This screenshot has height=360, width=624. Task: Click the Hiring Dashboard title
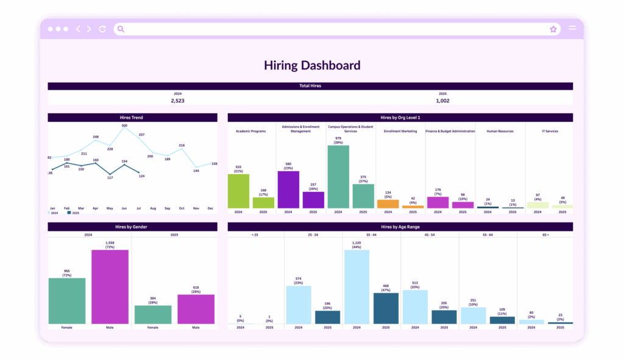[x=311, y=65]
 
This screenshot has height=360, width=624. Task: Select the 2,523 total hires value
[x=177, y=101]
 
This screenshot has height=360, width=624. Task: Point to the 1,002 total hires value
[x=442, y=101]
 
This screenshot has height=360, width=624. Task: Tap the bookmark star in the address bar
[x=553, y=29]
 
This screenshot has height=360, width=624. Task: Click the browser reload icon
[x=102, y=29]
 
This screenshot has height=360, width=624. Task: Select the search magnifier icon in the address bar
[x=121, y=29]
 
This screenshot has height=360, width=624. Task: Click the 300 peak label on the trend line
[x=124, y=125]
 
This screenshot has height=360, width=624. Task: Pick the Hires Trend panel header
[x=132, y=117]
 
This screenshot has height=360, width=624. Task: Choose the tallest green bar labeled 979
[x=338, y=177]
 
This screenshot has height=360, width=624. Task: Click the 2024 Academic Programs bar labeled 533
[x=238, y=191]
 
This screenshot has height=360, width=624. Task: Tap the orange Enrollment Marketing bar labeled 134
[x=388, y=204]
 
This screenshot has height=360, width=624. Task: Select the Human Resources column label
[x=499, y=131]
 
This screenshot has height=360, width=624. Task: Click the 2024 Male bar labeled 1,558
[x=110, y=286]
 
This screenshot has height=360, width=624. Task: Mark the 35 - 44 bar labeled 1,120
[x=356, y=286]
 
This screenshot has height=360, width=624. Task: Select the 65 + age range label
[x=545, y=234]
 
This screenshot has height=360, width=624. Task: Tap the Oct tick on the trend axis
[x=182, y=208]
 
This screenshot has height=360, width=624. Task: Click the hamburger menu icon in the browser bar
[x=572, y=29]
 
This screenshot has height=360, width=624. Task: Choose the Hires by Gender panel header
[x=132, y=227]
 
